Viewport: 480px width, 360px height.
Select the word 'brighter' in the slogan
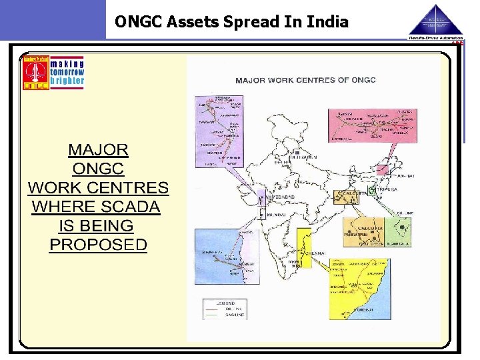point(67,81)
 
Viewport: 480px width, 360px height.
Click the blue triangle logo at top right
point(435,20)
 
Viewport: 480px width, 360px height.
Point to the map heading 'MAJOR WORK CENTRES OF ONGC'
point(305,80)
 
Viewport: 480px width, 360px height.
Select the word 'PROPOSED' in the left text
point(98,245)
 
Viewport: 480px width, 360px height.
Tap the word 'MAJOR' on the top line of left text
point(99,149)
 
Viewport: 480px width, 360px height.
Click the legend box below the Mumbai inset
point(225,309)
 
